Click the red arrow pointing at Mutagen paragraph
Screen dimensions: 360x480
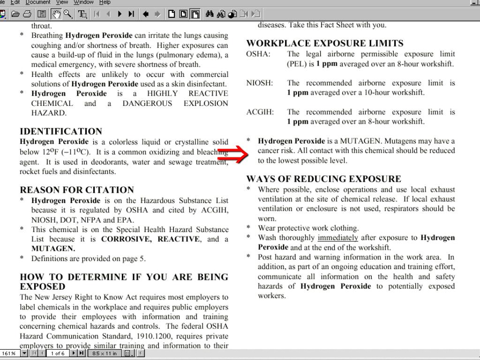click(x=233, y=154)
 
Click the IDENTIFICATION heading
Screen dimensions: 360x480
click(x=61, y=132)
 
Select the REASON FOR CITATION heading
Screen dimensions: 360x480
click(x=77, y=190)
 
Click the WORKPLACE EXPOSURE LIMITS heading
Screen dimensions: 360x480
click(x=325, y=44)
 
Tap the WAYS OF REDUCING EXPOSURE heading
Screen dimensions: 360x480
click(x=324, y=179)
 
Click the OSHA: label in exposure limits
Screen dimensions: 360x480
click(x=258, y=54)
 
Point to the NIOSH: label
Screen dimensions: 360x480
click(x=259, y=83)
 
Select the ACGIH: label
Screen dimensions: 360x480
click(x=260, y=112)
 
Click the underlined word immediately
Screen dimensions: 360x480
click(x=337, y=238)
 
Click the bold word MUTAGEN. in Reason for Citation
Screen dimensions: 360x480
click(x=53, y=249)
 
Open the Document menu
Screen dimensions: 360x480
click(x=37, y=2)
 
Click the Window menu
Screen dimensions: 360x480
click(x=83, y=2)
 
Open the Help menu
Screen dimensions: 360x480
click(x=105, y=2)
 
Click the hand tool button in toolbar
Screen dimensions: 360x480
click(x=57, y=14)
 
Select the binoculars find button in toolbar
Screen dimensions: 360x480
click(x=210, y=14)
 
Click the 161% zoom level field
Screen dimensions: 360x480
click(x=9, y=353)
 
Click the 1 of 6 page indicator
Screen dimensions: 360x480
click(x=58, y=353)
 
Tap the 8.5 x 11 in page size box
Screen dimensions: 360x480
click(x=104, y=353)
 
